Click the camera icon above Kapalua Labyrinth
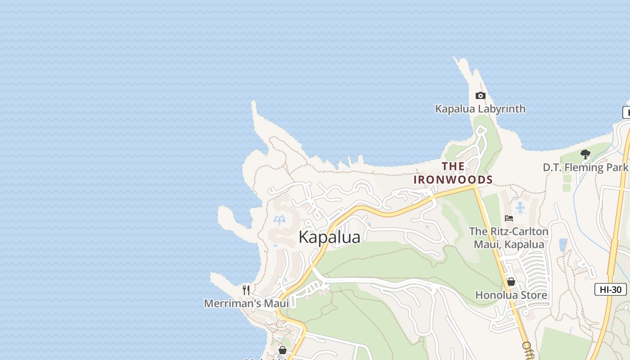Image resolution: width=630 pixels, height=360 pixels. click(480, 95)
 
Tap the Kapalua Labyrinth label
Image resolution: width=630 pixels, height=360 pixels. click(480, 109)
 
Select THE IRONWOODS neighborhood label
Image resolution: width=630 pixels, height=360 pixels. click(453, 173)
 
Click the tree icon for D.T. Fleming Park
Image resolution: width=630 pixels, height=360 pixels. click(585, 154)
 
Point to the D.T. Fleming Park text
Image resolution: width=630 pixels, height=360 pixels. click(585, 167)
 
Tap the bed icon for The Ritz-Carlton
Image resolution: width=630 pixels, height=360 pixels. click(509, 218)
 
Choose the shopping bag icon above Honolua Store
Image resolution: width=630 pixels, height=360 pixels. click(511, 282)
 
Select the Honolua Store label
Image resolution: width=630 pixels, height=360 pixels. click(511, 295)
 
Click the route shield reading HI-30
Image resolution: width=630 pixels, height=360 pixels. click(610, 289)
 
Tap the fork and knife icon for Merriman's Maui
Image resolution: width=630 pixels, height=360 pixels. click(246, 290)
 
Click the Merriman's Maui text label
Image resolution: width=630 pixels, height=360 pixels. click(246, 303)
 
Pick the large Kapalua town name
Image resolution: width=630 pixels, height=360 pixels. click(329, 237)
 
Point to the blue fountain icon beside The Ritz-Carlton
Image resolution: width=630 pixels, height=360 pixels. click(521, 207)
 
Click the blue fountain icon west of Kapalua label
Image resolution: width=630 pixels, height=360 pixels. click(279, 220)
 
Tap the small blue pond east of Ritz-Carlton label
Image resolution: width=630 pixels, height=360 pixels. click(562, 245)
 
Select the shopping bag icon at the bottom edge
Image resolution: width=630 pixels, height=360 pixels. click(282, 350)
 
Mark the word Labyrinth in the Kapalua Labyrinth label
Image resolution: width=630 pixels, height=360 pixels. click(502, 109)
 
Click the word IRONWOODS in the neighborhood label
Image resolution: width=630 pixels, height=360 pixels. click(453, 180)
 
